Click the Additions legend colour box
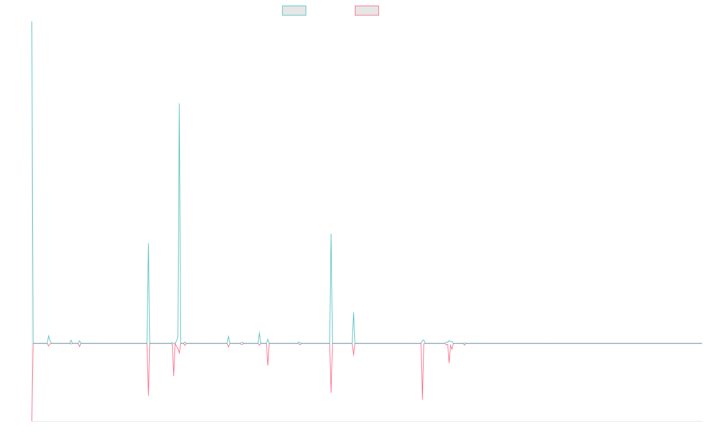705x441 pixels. (x=294, y=11)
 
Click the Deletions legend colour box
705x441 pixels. (x=367, y=11)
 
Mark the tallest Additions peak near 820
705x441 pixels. (x=179, y=103)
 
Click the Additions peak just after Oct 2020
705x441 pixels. (x=331, y=234)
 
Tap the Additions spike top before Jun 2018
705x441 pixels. (x=149, y=243)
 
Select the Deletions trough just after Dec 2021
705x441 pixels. (x=422, y=399)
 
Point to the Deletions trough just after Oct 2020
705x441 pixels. (x=331, y=392)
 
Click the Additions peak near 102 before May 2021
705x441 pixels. (x=354, y=313)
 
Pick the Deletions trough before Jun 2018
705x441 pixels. (x=149, y=395)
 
